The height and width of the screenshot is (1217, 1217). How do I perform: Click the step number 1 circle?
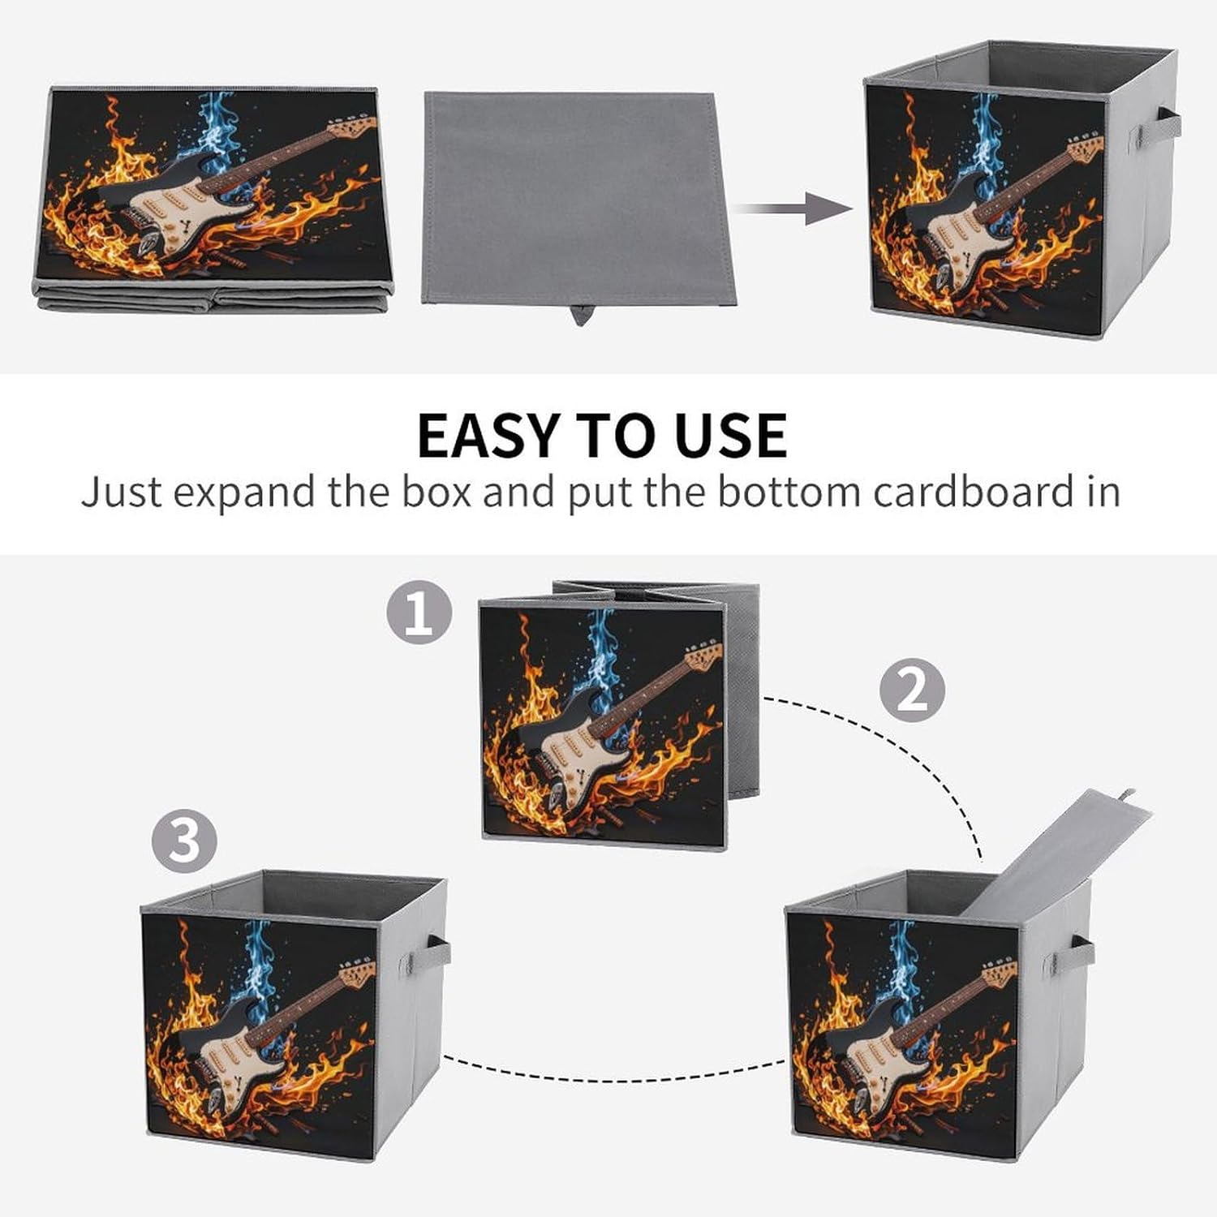click(x=419, y=612)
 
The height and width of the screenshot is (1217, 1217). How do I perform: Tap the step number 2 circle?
click(x=913, y=690)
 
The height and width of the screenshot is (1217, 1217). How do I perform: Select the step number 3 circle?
click(x=184, y=841)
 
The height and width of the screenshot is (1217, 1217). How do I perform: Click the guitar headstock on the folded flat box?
click(x=354, y=127)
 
